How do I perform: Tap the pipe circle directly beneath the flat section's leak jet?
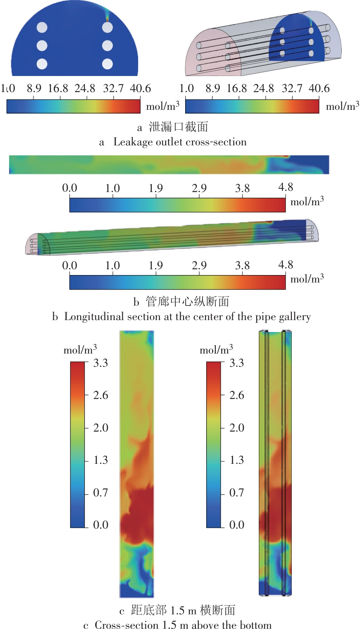[107, 28]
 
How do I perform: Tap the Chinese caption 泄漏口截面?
[179, 127]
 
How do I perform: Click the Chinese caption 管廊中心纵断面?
[187, 301]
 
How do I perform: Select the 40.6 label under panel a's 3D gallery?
[319, 88]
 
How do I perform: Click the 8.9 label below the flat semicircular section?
[34, 88]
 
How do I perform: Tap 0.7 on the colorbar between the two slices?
[237, 492]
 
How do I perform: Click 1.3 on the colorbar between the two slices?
[237, 460]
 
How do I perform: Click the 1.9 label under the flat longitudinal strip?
[156, 188]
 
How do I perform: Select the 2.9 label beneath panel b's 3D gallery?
[199, 266]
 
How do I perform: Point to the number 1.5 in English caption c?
[170, 625]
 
